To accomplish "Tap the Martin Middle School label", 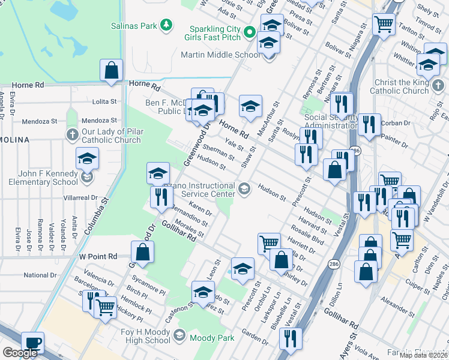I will point(221,55).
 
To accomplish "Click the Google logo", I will point(20,353).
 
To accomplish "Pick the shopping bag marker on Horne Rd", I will point(112,71).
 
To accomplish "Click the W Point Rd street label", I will point(98,256).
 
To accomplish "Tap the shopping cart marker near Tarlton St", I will point(384,25).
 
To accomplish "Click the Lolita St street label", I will point(88,102).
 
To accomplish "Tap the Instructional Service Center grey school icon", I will point(244,189).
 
